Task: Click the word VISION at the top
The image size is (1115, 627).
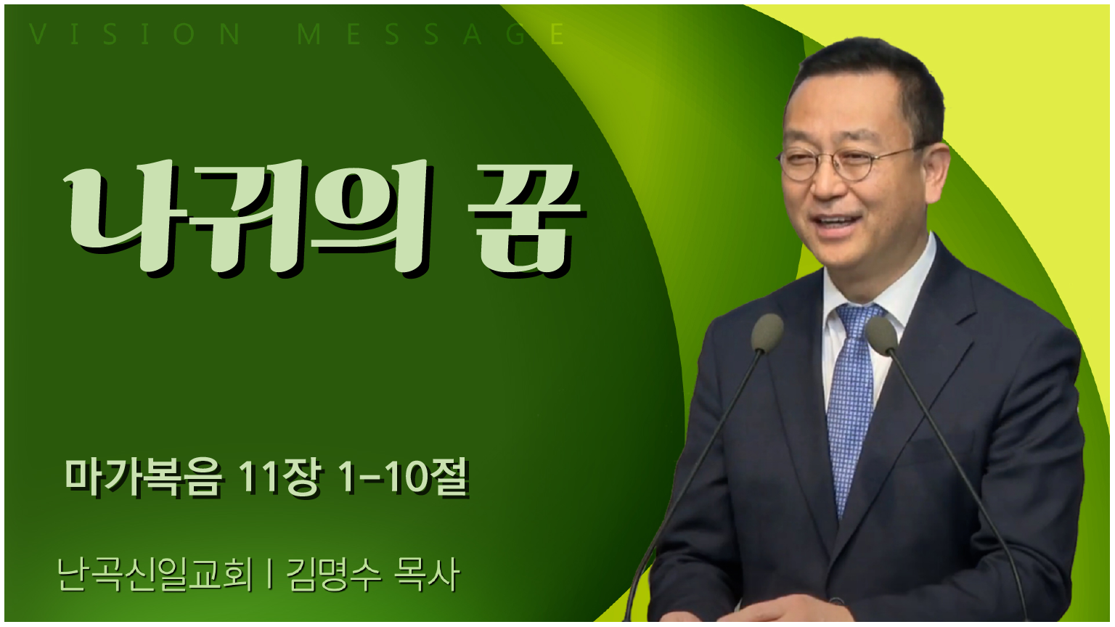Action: click(135, 34)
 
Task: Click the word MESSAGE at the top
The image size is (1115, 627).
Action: click(431, 34)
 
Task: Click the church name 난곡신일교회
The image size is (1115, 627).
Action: click(155, 575)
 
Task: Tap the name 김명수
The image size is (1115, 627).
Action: click(334, 575)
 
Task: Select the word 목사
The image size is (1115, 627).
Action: click(426, 575)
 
